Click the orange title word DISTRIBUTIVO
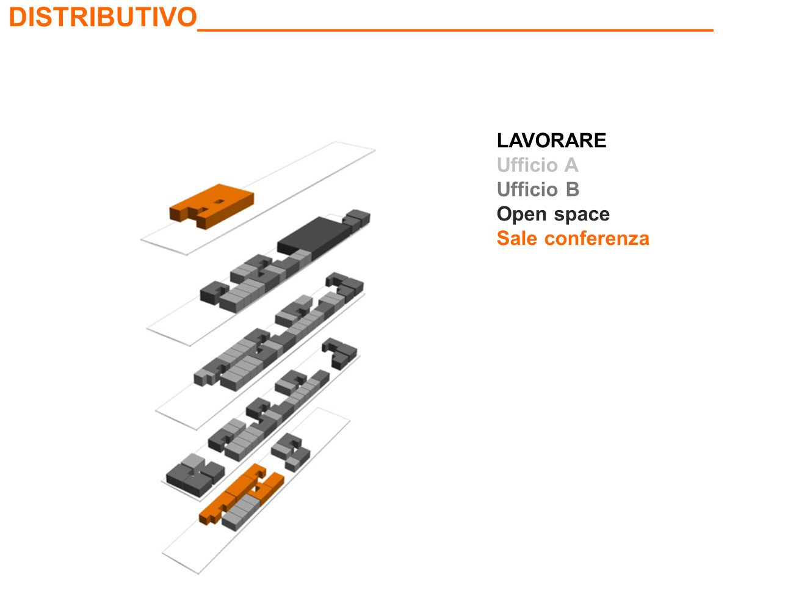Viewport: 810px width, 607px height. click(x=103, y=17)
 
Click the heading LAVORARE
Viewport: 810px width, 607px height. click(x=551, y=140)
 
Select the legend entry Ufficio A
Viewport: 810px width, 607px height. click(x=537, y=165)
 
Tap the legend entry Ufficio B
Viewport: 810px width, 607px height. click(x=538, y=189)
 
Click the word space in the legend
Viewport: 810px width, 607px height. click(x=582, y=215)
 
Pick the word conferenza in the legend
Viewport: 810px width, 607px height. click(x=597, y=238)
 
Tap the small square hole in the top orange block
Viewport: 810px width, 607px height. click(x=219, y=202)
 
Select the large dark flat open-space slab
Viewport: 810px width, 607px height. click(x=314, y=236)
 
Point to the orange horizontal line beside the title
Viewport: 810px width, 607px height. click(x=455, y=31)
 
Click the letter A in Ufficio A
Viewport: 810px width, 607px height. click(x=571, y=165)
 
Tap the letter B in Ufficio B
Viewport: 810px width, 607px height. click(x=573, y=189)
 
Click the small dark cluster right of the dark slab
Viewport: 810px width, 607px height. click(x=356, y=220)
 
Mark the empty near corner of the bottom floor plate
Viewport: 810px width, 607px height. click(x=198, y=573)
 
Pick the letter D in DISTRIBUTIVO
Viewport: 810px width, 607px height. click(x=17, y=17)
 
